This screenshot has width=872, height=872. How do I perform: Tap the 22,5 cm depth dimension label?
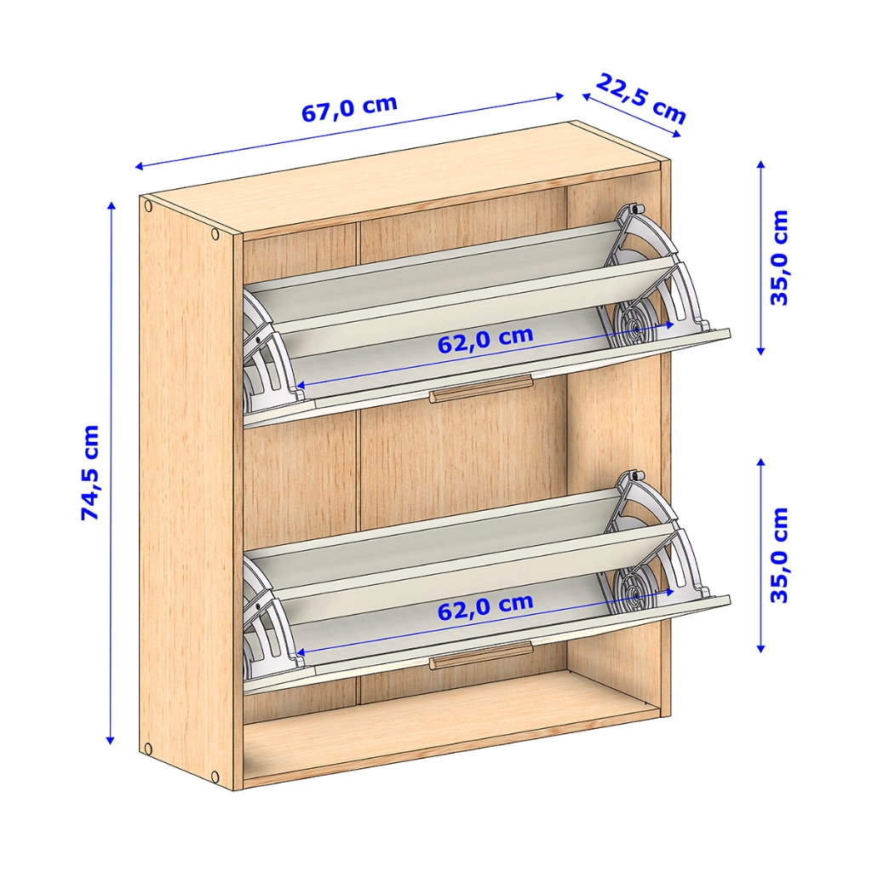pos(641,99)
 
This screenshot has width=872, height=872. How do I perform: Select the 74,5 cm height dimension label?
pos(90,472)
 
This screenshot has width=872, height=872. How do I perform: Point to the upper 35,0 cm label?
pos(780,257)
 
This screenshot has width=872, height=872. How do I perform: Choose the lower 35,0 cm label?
pos(780,555)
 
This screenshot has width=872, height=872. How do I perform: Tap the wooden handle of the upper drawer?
pos(481,387)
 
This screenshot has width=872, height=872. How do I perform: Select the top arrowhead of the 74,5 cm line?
pos(112,205)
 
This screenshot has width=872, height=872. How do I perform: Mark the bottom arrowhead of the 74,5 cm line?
pos(111,740)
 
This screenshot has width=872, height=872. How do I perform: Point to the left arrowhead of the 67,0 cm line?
pos(140,166)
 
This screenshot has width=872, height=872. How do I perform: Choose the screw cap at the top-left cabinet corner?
pos(148,207)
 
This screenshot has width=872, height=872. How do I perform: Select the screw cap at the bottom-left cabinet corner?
pos(147,749)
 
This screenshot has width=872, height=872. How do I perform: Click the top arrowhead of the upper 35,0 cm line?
pos(761,164)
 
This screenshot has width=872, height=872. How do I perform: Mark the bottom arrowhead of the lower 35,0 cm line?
pos(761,648)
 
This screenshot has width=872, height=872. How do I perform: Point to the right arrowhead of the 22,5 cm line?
pos(677,134)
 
